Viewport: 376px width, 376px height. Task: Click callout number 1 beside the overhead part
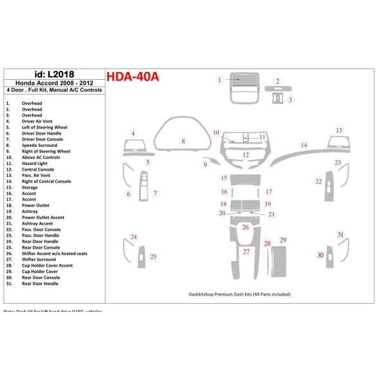(219, 80)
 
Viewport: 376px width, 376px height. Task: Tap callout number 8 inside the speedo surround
(183, 141)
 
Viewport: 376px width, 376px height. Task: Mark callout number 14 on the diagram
(304, 145)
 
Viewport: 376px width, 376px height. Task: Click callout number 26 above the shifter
(245, 227)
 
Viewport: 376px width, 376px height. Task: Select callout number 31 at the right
(341, 235)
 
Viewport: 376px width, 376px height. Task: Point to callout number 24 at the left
(133, 237)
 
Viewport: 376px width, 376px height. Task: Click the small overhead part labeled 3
(277, 99)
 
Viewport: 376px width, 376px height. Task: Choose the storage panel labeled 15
(245, 178)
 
